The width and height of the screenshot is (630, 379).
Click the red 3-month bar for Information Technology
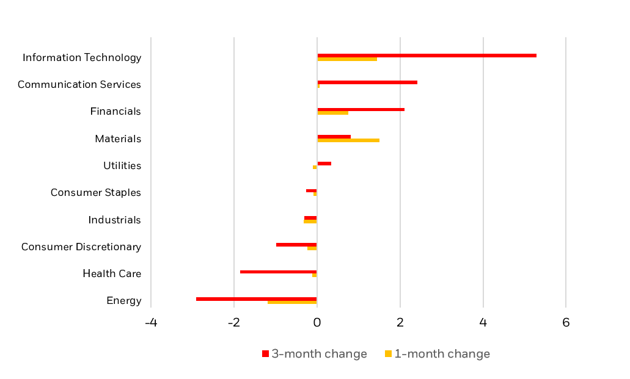[x=427, y=56]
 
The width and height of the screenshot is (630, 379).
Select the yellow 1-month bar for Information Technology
[x=347, y=59]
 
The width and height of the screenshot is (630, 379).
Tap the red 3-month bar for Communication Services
[x=367, y=82]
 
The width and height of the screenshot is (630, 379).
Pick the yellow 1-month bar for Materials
[x=348, y=140]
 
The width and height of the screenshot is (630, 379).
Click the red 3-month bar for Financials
[x=361, y=109]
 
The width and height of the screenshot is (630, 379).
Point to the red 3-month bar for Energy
[x=257, y=298]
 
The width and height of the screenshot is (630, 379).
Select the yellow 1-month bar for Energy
[x=292, y=302]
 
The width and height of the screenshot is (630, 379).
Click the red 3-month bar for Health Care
[x=279, y=272]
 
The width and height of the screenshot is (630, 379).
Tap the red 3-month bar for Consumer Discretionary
[x=296, y=245]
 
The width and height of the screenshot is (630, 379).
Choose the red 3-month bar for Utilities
[x=324, y=164]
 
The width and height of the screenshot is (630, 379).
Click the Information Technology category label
[x=82, y=57]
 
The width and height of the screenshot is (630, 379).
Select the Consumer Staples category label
[x=96, y=193]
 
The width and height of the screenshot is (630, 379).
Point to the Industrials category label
[x=114, y=220]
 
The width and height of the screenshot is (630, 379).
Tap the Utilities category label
[x=122, y=166]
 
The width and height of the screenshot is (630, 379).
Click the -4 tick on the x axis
[x=150, y=323]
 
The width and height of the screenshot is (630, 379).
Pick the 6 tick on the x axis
[x=566, y=323]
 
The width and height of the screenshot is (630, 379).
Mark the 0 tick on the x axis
[x=317, y=323]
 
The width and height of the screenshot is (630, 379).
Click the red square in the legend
[x=265, y=354]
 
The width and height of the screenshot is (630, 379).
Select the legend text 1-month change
[x=442, y=354]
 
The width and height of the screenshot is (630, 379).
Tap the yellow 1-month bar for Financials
[x=332, y=113]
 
